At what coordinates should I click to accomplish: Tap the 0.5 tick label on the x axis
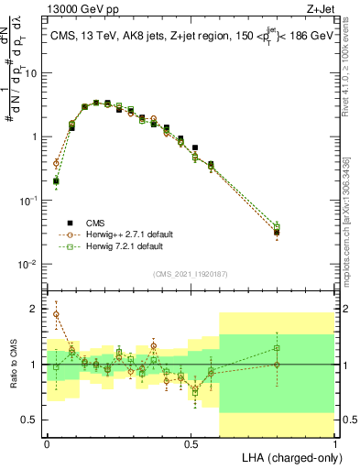[191, 442]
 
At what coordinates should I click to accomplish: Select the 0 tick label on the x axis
[47, 442]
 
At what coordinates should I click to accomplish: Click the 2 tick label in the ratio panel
[33, 310]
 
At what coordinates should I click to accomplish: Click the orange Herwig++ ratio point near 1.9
[56, 314]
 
